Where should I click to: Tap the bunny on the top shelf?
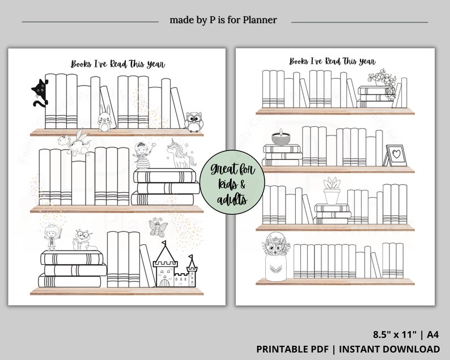[103, 117]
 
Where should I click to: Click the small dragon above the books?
[75, 143]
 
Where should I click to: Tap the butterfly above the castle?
[156, 227]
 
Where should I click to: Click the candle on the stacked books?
[278, 138]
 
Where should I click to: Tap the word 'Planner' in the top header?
[258, 20]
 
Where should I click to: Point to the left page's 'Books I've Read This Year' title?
[118, 64]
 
